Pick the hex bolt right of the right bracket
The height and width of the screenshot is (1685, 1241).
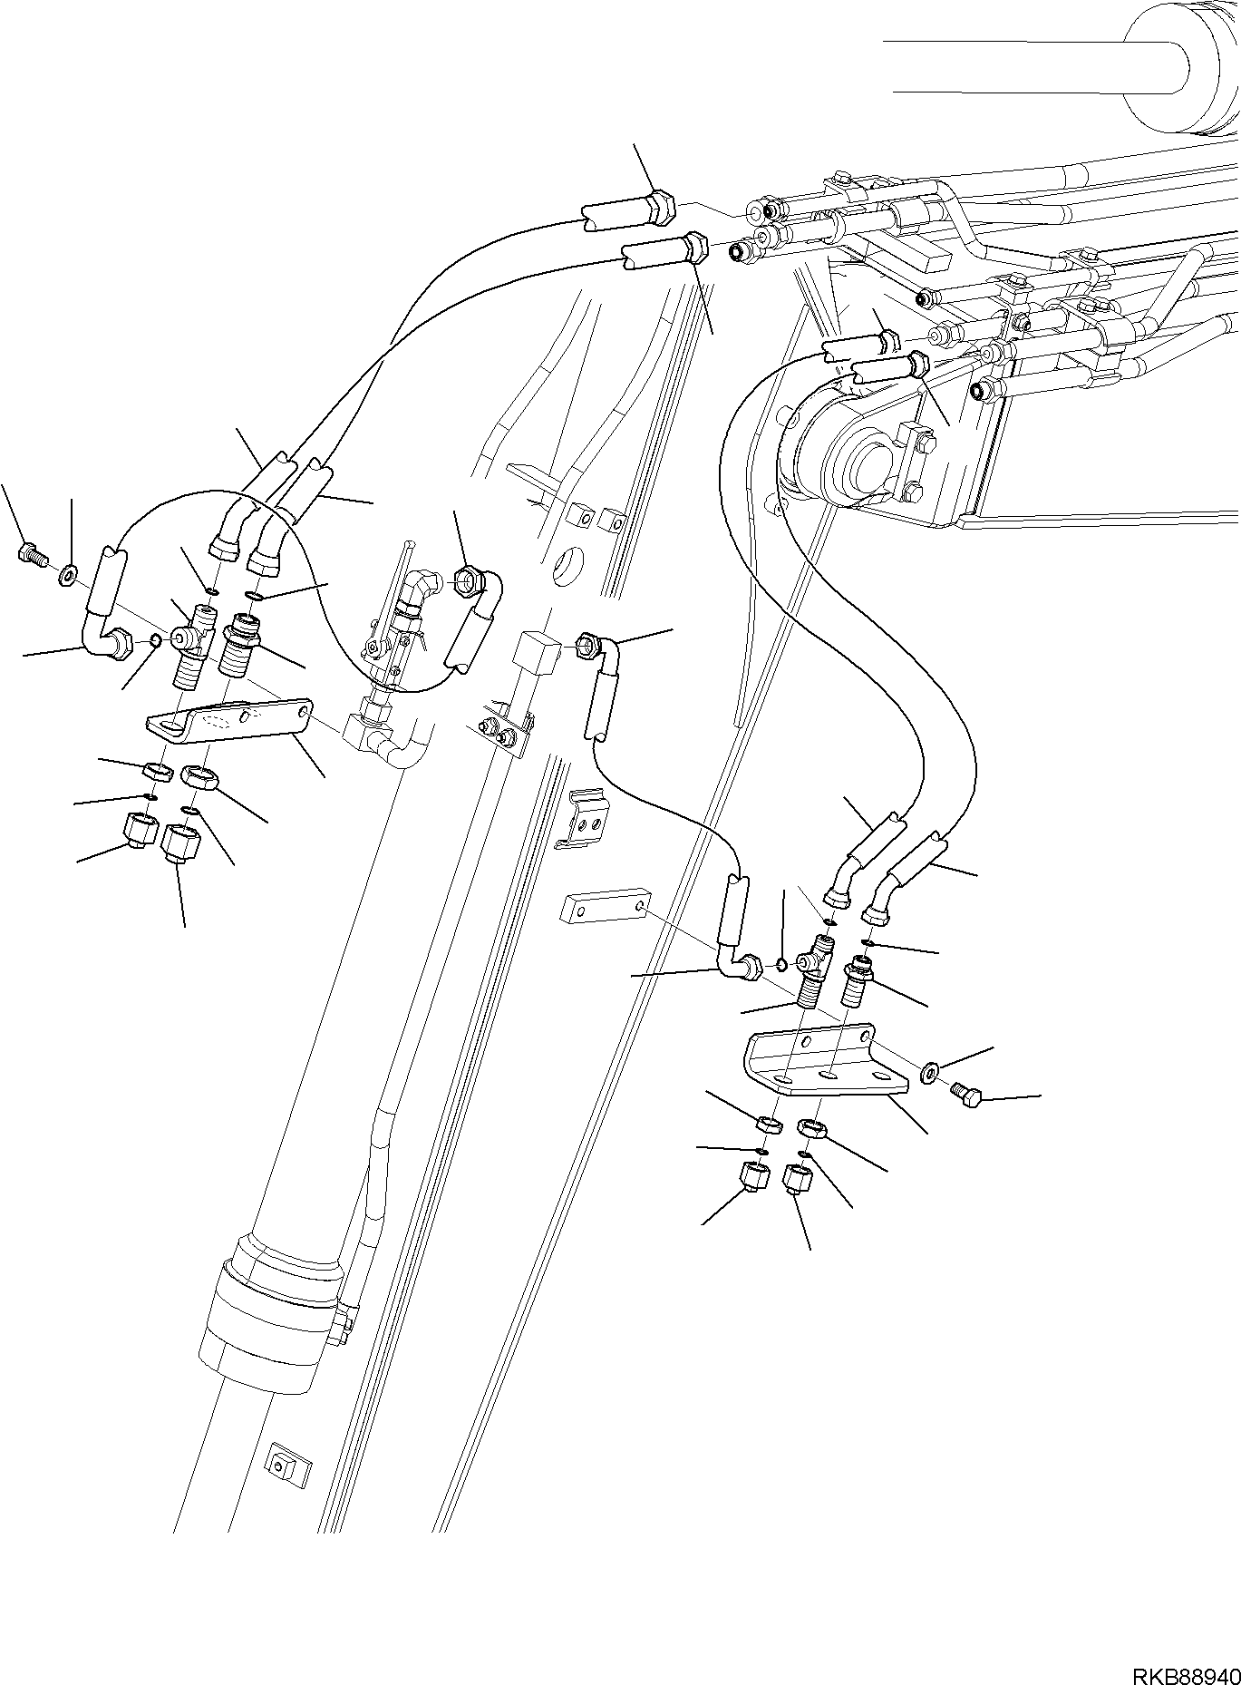966,1095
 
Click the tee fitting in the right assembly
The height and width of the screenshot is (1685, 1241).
814,970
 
